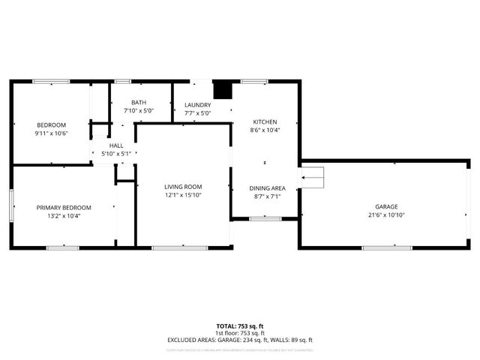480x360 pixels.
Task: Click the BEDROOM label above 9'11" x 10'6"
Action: click(52, 124)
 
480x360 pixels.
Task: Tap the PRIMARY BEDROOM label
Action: click(64, 208)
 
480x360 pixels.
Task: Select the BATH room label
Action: click(139, 103)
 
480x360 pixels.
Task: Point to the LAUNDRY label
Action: click(198, 106)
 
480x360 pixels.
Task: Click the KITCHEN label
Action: click(264, 121)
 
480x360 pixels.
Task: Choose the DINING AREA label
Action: click(267, 188)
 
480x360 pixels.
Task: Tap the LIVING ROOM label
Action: click(184, 187)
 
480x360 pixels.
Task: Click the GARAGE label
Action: click(387, 206)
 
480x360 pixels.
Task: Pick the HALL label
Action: click(116, 145)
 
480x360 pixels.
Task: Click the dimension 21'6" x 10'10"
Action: click(387, 214)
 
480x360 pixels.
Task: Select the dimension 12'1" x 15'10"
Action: click(184, 195)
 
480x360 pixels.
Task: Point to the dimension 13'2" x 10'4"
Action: click(64, 216)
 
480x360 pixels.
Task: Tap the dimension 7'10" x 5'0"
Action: click(139, 111)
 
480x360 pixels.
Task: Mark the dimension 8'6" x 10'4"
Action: click(264, 130)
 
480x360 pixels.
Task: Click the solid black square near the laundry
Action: click(223, 90)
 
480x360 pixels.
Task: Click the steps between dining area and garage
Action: click(312, 178)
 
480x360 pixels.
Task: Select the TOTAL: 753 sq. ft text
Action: click(240, 326)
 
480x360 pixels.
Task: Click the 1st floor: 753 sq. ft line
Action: click(240, 333)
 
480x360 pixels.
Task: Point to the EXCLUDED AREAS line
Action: click(240, 340)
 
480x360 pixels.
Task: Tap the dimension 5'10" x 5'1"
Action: click(116, 154)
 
